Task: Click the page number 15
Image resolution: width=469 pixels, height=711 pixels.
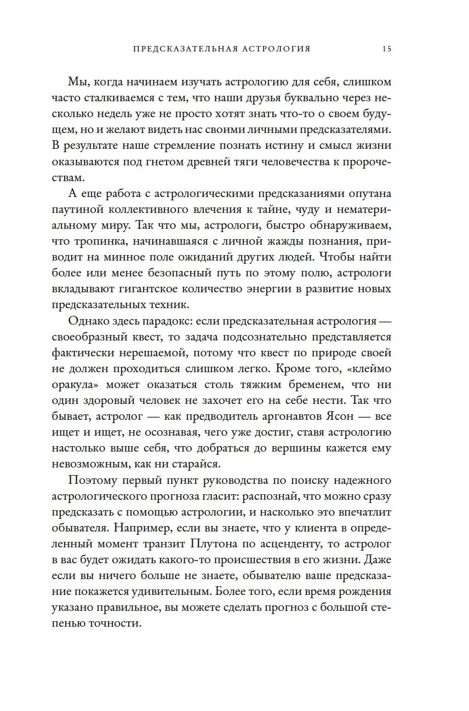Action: pos(387,49)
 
